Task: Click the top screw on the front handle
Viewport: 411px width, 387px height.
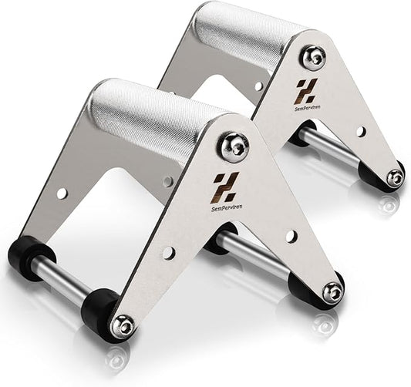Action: click(233, 146)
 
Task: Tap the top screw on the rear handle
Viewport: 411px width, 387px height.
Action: click(312, 56)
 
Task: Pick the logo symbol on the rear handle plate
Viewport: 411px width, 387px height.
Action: click(306, 88)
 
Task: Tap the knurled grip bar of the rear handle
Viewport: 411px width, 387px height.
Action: click(239, 35)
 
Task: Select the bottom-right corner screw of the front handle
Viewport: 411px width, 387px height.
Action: click(332, 291)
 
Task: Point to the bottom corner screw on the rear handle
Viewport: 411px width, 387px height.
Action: click(395, 177)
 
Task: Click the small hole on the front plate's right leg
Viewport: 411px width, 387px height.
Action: click(291, 236)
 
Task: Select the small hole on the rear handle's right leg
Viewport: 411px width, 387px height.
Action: click(360, 132)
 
